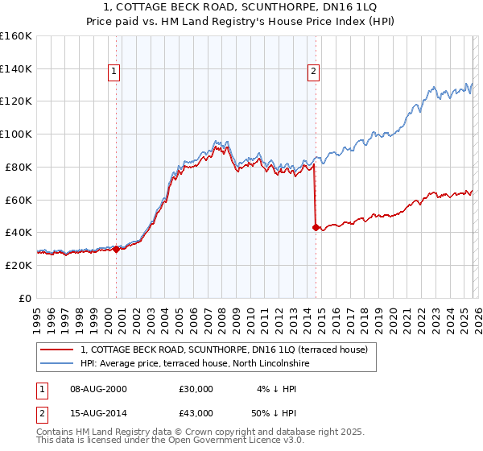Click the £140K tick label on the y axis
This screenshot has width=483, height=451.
[x=16, y=68]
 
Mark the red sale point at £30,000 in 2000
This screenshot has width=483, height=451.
[x=116, y=249]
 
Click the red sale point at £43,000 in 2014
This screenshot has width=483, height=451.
[x=316, y=227]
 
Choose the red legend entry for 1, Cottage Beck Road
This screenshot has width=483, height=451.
[x=224, y=350]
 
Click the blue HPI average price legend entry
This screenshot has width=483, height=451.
[x=195, y=364]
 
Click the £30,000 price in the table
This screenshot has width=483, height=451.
[x=196, y=389]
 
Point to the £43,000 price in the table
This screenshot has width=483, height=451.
[x=196, y=413]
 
